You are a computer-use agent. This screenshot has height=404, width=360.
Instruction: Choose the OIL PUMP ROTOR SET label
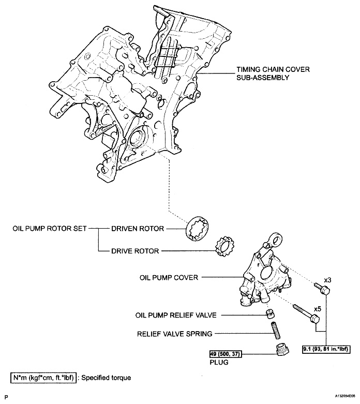(49, 228)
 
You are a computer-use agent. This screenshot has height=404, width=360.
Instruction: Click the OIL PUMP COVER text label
(169, 278)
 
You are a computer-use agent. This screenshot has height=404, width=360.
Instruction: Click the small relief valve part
(269, 313)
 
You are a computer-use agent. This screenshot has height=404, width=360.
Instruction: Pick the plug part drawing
(282, 351)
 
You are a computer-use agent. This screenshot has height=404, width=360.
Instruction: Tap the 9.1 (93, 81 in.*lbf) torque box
(325, 349)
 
